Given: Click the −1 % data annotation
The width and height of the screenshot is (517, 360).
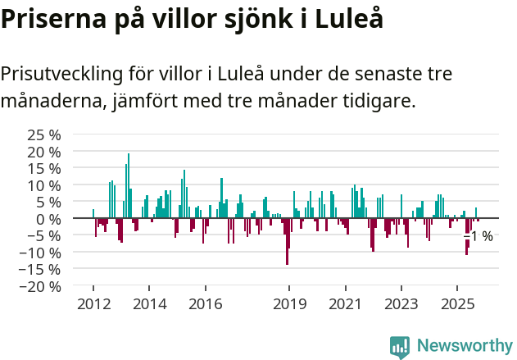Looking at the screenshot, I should point(478,237).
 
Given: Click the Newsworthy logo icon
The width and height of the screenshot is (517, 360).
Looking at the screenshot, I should point(400,346).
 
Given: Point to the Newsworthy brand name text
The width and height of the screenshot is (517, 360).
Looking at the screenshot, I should point(464,346).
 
